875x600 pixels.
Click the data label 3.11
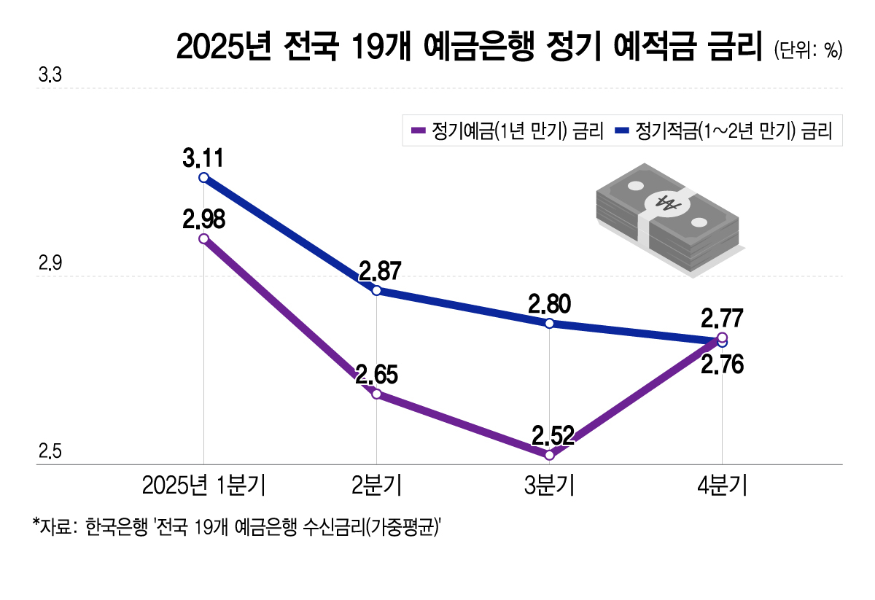[x=203, y=157]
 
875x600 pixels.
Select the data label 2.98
[x=203, y=218]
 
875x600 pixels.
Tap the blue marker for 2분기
[x=376, y=291]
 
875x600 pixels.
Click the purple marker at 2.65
[x=376, y=394]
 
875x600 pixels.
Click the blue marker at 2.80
[x=549, y=324]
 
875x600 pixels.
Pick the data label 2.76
[x=722, y=365]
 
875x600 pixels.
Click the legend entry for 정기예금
[x=507, y=131]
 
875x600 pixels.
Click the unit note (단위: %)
[x=808, y=50]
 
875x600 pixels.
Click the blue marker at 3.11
[x=203, y=178]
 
